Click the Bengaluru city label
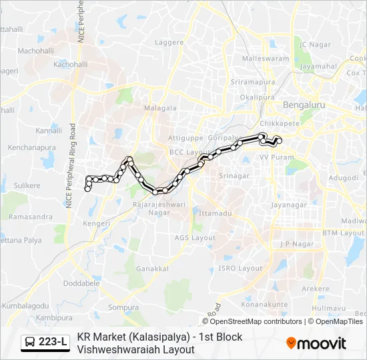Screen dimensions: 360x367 (304, 105)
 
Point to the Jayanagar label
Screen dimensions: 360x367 (288, 205)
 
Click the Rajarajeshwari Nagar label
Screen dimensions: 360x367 (159, 208)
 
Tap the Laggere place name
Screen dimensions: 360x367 (169, 42)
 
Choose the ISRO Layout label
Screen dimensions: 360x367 (241, 268)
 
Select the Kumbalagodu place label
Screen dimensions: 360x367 (27, 305)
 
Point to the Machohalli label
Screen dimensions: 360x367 (35, 51)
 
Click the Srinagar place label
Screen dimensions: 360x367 (234, 176)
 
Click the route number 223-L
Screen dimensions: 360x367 (53, 343)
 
